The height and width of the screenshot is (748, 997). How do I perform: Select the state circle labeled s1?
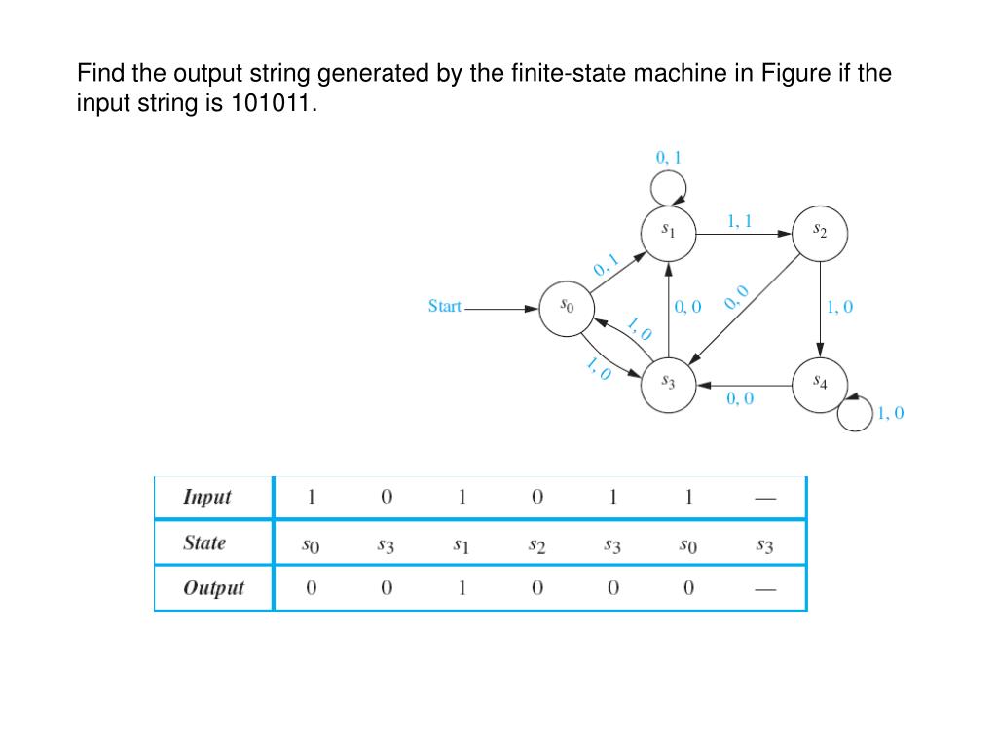click(x=668, y=232)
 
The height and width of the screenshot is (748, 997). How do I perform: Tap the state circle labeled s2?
click(x=820, y=232)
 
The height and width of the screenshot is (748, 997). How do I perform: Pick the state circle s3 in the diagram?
click(x=668, y=383)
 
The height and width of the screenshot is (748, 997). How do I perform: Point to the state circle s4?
click(x=820, y=383)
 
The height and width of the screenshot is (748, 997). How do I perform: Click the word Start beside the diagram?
click(x=445, y=306)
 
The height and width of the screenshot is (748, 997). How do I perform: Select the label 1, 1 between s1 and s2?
click(x=740, y=221)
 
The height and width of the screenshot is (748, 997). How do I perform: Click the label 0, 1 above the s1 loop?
click(x=669, y=156)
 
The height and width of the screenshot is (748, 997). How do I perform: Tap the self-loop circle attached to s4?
click(x=855, y=413)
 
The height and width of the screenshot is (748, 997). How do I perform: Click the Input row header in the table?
click(x=207, y=497)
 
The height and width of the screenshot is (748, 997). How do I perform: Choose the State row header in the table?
click(x=204, y=542)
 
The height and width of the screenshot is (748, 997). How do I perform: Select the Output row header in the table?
click(x=213, y=588)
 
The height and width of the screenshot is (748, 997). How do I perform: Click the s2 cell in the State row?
click(x=536, y=547)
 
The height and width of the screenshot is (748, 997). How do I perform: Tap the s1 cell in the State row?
click(x=462, y=547)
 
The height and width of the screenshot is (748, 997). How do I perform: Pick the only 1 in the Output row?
click(x=462, y=588)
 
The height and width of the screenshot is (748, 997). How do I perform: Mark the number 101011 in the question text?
click(x=273, y=103)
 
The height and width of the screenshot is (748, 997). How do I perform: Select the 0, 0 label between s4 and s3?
click(x=740, y=398)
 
